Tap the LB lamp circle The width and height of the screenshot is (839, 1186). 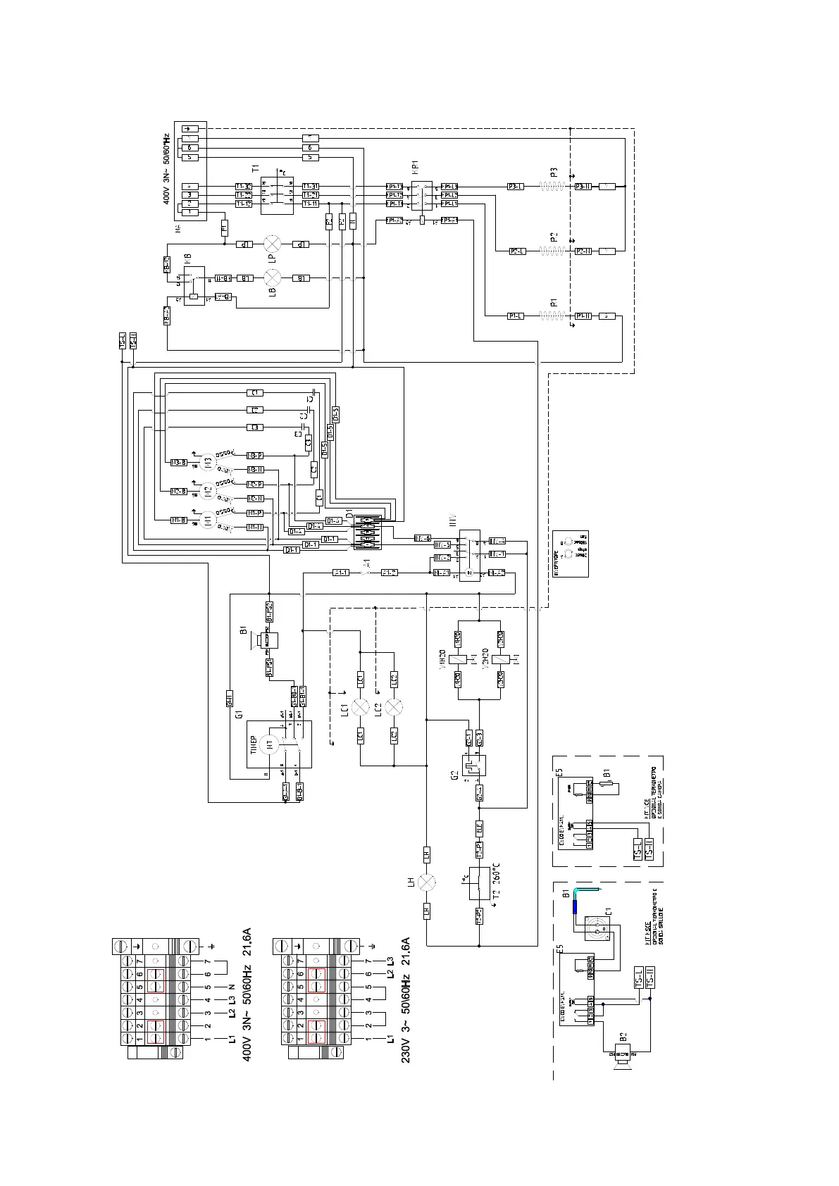pos(272,277)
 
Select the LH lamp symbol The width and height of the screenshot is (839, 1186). pos(426,882)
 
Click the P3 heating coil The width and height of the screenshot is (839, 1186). pos(553,186)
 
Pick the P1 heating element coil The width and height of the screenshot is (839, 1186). pos(553,316)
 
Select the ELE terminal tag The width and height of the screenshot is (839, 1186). pos(479,829)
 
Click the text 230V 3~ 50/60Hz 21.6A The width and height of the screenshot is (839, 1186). pos(406,1000)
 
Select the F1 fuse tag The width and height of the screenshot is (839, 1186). pos(225,227)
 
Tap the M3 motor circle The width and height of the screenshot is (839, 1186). pos(206,463)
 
